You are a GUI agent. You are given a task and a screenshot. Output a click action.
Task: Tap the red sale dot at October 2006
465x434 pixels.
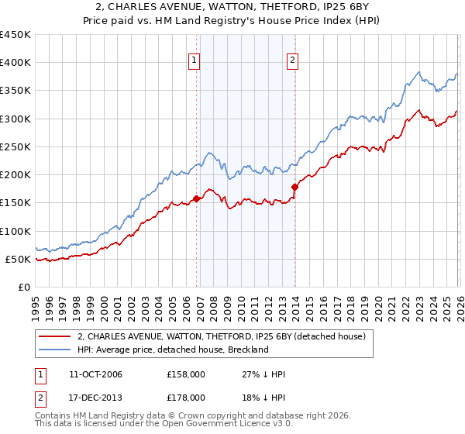click(x=197, y=198)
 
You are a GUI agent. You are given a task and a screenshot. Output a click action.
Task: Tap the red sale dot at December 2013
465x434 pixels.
click(x=295, y=187)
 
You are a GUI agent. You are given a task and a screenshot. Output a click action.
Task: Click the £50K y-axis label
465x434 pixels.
click(x=19, y=259)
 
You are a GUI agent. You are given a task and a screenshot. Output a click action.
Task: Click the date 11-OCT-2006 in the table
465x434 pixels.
click(x=94, y=374)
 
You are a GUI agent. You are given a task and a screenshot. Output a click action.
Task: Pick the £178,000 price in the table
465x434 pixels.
click(x=185, y=397)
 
